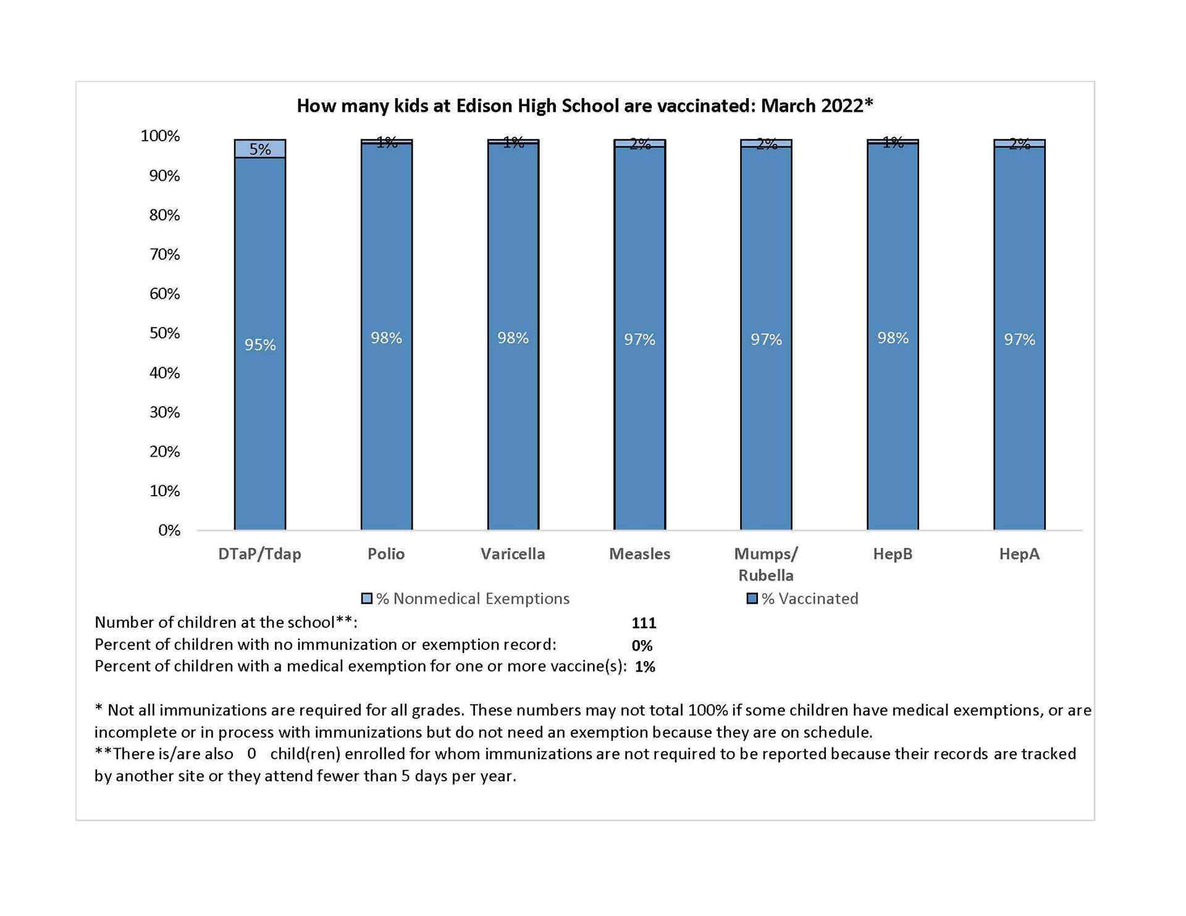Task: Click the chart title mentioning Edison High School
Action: coord(584,106)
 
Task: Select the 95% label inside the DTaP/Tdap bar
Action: coord(260,344)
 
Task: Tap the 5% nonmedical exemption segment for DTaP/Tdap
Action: coord(260,149)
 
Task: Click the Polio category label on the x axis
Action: coord(386,554)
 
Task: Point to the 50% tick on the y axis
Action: coord(164,333)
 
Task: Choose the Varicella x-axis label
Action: coord(513,554)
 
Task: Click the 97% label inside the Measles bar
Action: coord(639,339)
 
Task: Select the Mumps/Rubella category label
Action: coord(766,564)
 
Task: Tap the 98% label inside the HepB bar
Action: coord(893,338)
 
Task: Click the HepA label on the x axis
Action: coord(1019,554)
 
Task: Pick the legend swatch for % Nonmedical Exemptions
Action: coord(367,598)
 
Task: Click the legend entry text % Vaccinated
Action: coord(809,598)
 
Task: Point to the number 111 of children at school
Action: coord(644,623)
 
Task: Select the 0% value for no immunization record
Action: coord(642,646)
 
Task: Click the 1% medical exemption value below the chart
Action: coord(645,667)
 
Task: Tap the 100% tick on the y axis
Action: coord(160,136)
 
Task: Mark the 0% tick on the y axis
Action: coord(169,530)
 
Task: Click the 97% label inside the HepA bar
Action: coord(1019,339)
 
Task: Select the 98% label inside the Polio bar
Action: coord(386,338)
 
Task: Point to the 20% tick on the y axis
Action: coord(164,451)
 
